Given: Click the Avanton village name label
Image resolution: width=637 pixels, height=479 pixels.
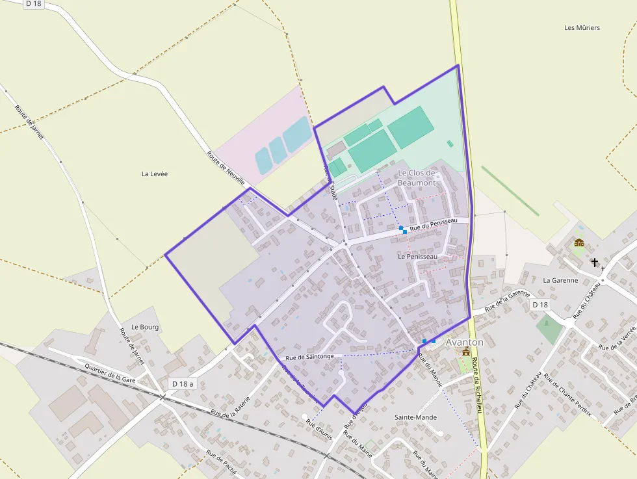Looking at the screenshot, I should pyautogui.click(x=464, y=342).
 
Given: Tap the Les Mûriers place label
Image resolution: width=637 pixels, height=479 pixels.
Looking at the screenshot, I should pyautogui.click(x=582, y=27).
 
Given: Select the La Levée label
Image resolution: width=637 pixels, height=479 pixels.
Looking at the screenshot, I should pyautogui.click(x=154, y=174).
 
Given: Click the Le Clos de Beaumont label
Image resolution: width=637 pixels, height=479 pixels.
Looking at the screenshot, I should pyautogui.click(x=417, y=177).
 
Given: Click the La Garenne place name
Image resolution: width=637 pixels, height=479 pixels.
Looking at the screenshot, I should pyautogui.click(x=560, y=280).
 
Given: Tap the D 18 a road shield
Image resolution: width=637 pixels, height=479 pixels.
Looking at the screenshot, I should pyautogui.click(x=183, y=384).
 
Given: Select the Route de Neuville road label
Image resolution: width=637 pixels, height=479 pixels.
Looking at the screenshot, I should pyautogui.click(x=226, y=168).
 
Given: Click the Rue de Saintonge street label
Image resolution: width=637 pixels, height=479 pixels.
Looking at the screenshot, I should pyautogui.click(x=309, y=356).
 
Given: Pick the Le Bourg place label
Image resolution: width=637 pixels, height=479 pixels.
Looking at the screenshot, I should pyautogui.click(x=144, y=327).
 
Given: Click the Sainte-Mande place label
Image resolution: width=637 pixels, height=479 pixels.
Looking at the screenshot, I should pyautogui.click(x=416, y=417).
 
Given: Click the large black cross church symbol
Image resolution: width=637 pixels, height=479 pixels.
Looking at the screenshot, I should pyautogui.click(x=594, y=263).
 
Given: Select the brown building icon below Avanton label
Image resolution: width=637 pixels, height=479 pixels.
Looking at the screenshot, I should pyautogui.click(x=465, y=352).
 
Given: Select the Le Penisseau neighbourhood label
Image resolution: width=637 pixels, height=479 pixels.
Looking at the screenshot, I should pyautogui.click(x=417, y=257).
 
